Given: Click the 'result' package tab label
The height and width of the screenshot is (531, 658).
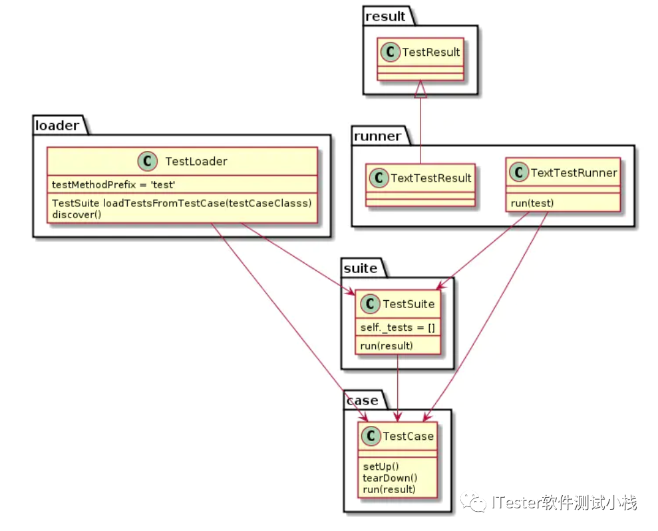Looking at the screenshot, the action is point(385,17).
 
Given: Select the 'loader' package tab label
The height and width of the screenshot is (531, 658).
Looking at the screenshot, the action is point(57,126).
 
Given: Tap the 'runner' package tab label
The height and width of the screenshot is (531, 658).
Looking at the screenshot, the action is point(377,136).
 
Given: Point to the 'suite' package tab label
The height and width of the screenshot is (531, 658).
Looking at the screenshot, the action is point(361,268).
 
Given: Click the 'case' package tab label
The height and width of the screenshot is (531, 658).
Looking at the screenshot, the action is point(363,401).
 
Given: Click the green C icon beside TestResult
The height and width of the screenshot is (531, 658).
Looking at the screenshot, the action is point(391,52).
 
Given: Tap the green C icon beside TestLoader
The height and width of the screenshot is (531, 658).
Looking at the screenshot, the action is point(147,161).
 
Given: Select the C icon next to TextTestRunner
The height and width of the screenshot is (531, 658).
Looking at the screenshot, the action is point(519,172).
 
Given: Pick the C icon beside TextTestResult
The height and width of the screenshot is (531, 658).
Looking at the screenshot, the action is point(379,178).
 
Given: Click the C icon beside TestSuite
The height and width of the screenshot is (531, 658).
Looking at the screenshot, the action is point(370,303).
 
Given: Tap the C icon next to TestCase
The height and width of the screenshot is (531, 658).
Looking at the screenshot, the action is point(371,436).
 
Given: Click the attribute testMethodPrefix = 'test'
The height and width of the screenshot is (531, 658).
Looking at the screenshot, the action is point(113,185).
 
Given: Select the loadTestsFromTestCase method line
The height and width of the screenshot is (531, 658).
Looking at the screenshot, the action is point(182,203).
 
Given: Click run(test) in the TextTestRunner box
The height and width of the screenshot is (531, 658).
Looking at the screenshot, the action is point(532,203).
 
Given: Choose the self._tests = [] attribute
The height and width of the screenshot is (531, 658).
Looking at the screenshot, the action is point(397,327).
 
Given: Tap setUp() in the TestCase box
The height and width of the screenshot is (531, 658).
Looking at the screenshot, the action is point(381,466).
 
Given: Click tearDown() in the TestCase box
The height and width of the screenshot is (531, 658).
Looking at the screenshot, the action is point(390,478).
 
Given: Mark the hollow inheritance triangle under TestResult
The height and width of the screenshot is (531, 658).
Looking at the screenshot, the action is point(420,89).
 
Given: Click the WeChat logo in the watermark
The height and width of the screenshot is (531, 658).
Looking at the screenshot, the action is point(473,502).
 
